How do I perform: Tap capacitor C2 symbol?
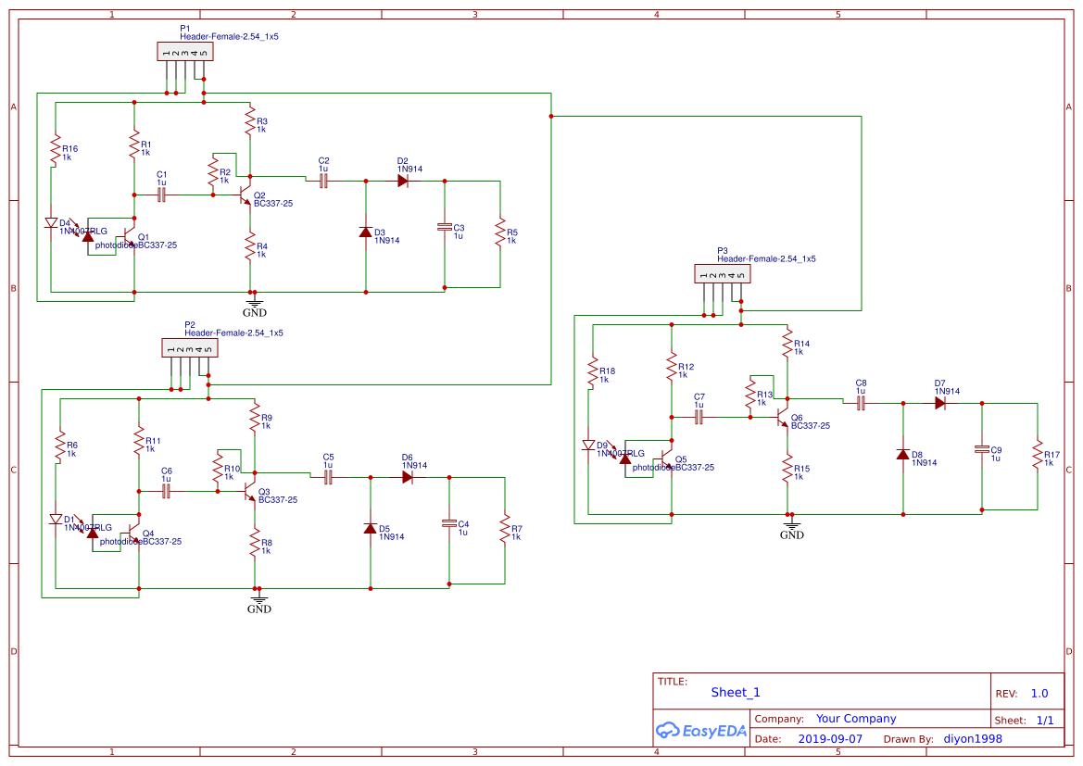tap(323, 182)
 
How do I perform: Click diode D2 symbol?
tap(403, 182)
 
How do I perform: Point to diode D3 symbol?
tap(365, 232)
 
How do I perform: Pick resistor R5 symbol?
tap(500, 232)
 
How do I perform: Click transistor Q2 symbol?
tap(246, 195)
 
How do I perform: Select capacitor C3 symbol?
tap(445, 227)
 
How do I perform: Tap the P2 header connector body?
tap(190, 349)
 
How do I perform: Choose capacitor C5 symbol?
tap(328, 478)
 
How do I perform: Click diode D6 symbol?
tap(408, 478)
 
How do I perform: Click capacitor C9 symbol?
tap(982, 449)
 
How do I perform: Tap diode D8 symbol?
tap(902, 454)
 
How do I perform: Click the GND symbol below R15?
tap(791, 529)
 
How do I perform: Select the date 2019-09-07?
tap(829, 739)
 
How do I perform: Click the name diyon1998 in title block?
tap(972, 739)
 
